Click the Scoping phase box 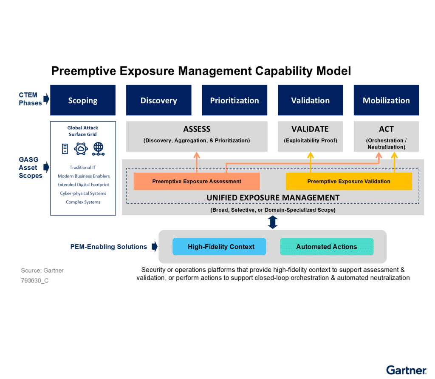[83, 100]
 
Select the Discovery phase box [158, 100]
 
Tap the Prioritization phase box [234, 100]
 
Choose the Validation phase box [310, 100]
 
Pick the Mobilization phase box [386, 100]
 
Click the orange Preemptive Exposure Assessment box [197, 181]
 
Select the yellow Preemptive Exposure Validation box [349, 181]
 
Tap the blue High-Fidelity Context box [219, 247]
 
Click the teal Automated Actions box [327, 247]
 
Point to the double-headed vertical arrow [273, 222]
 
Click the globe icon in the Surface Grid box [99, 148]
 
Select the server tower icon [65, 148]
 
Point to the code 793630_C [35, 281]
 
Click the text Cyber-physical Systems [83, 194]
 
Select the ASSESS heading [197, 129]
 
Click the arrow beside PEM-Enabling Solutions [155, 247]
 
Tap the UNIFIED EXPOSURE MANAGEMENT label [273, 198]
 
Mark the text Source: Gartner [42, 271]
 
